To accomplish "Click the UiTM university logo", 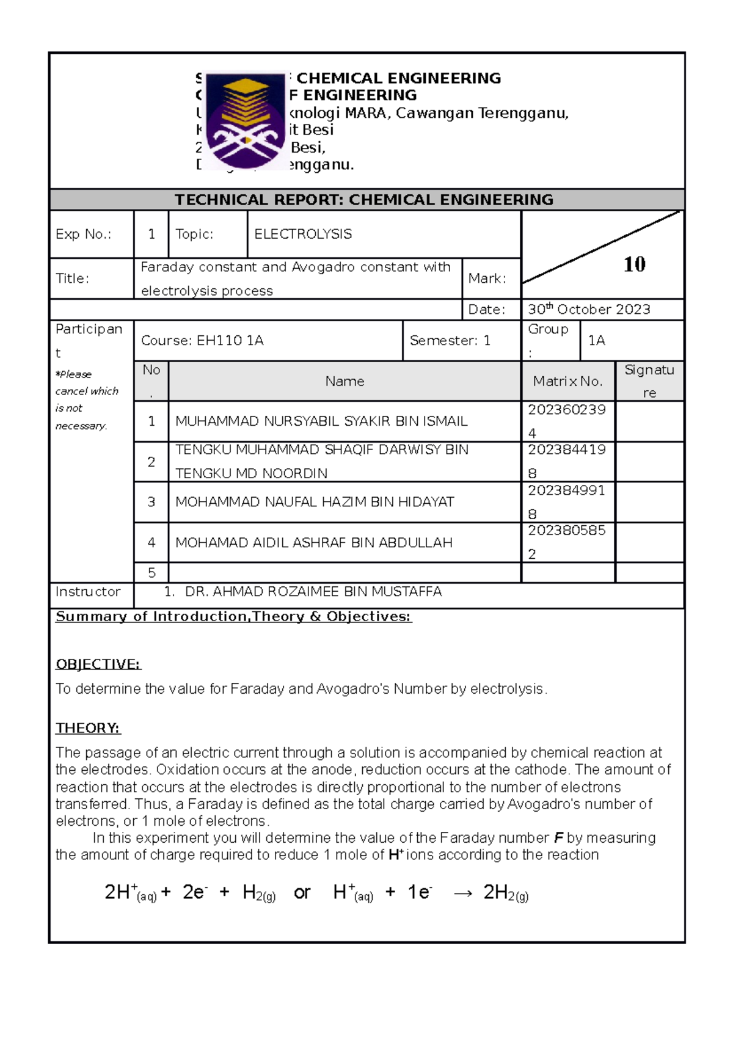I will tap(246, 120).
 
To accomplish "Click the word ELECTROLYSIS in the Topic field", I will tap(303, 234).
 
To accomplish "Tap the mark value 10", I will tap(634, 264).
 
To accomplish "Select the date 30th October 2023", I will tap(589, 309).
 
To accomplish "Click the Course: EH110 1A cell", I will tap(202, 340).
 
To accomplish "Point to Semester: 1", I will tap(450, 340).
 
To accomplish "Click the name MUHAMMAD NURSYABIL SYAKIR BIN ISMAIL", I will tap(321, 421).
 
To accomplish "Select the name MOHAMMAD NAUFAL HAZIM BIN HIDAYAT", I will tap(315, 501).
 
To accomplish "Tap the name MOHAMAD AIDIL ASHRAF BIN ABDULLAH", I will tap(314, 542).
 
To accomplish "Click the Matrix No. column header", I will tap(567, 381).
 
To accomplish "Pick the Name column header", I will tap(345, 381).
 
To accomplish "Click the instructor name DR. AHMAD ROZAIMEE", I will tap(313, 591).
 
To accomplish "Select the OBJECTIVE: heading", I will tap(98, 664).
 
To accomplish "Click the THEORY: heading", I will tap(88, 728).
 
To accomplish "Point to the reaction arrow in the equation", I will tap(462, 893).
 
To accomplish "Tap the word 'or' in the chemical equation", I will tap(302, 892).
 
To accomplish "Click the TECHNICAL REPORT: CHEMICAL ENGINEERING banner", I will tap(364, 200).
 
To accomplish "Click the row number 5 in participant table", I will tap(151, 573).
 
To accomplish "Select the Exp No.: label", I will tap(83, 234).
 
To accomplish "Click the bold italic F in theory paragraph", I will tap(558, 838).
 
